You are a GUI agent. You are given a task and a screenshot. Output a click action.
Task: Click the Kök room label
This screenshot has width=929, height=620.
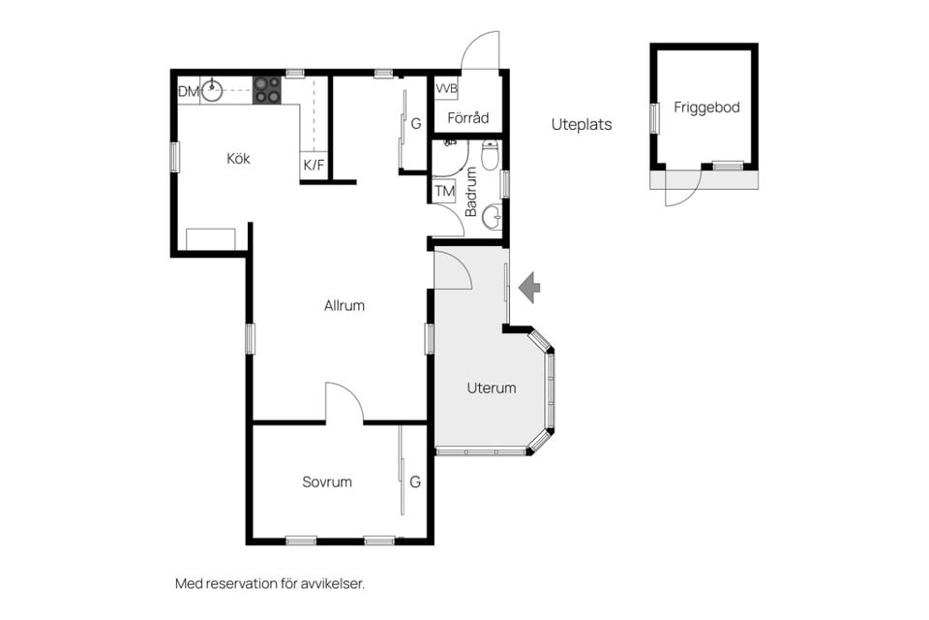(x=238, y=159)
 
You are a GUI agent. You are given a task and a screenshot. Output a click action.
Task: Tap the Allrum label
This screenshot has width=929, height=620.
(x=345, y=305)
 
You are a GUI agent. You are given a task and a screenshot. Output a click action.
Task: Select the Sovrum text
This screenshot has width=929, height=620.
(x=327, y=481)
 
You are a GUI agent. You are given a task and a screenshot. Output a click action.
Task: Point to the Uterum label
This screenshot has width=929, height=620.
(x=492, y=388)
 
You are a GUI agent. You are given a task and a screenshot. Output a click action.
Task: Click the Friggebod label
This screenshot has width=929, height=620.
(x=706, y=108)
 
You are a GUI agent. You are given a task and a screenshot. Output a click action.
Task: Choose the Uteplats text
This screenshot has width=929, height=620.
(x=582, y=125)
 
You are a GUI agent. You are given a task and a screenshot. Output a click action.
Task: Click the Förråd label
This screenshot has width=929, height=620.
(x=468, y=117)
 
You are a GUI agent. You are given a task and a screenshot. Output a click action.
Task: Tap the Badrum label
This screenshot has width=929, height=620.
(x=471, y=192)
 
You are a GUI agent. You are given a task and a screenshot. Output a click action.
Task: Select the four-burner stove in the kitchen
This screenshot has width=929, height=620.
(x=267, y=90)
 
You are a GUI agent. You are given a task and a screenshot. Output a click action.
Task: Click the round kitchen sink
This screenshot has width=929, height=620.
(x=212, y=91)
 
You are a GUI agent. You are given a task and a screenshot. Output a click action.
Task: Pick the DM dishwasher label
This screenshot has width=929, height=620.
(x=189, y=92)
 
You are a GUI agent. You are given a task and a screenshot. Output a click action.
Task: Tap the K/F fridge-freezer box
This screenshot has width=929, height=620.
(x=314, y=165)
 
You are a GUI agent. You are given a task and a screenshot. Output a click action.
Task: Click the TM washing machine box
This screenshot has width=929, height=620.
(x=444, y=191)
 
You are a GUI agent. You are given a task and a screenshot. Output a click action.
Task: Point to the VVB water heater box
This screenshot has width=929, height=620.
(x=446, y=89)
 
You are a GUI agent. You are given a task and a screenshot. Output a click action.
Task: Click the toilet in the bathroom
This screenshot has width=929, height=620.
(x=490, y=154)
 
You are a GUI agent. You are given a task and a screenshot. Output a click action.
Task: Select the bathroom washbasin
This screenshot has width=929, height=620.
(x=492, y=217)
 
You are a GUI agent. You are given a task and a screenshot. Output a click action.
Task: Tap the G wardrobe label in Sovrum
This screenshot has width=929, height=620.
(x=415, y=481)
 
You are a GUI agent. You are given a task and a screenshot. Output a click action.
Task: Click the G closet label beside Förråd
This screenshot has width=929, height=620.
(x=416, y=123)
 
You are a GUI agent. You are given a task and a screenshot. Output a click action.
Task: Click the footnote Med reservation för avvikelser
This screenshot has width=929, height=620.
(x=270, y=584)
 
